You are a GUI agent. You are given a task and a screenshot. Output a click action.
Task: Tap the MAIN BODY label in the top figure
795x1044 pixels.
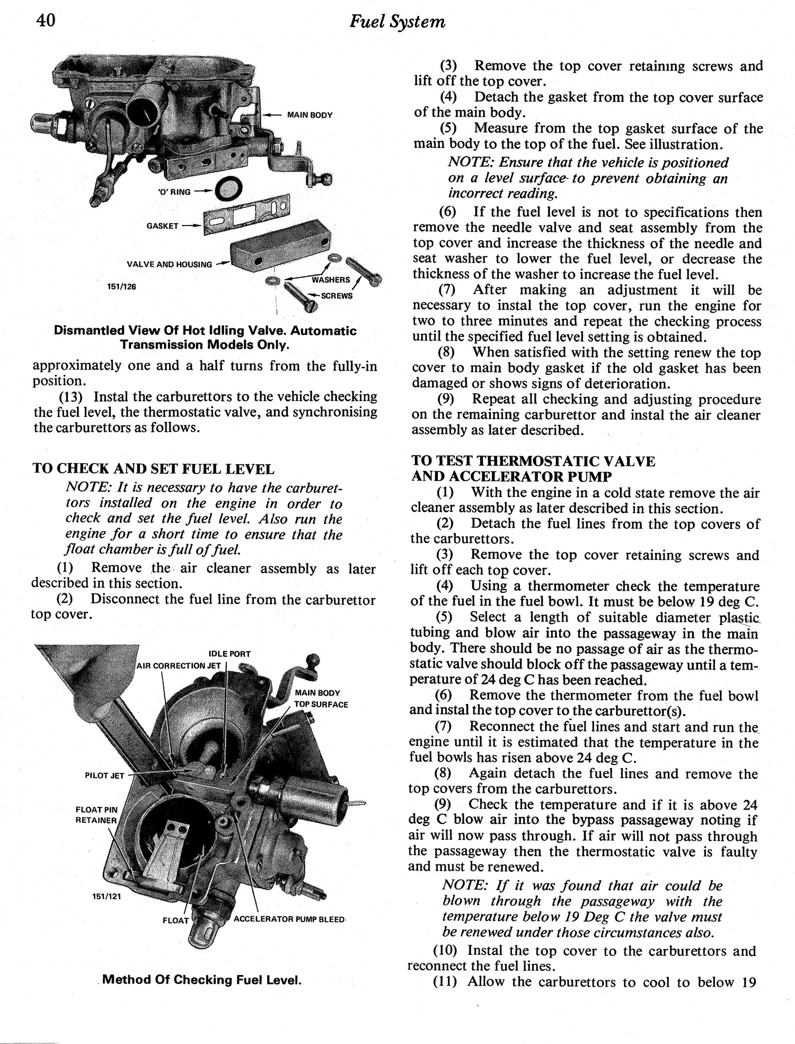pyautogui.click(x=310, y=115)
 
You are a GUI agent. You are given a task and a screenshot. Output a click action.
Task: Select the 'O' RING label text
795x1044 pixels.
pyautogui.click(x=174, y=192)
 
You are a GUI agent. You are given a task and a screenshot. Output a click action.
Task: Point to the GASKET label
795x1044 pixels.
pyautogui.click(x=162, y=226)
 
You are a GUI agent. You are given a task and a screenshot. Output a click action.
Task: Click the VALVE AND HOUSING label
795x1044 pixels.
pyautogui.click(x=169, y=264)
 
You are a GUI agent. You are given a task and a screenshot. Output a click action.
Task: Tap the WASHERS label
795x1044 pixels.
pyautogui.click(x=331, y=280)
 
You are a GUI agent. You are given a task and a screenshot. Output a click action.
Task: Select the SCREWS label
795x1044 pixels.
pyautogui.click(x=337, y=295)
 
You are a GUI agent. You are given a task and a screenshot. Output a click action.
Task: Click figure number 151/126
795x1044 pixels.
pyautogui.click(x=121, y=286)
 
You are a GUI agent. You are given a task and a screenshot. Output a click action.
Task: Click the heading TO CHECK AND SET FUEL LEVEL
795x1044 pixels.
pyautogui.click(x=154, y=468)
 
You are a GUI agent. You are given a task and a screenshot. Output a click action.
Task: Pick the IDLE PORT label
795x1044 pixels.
pyautogui.click(x=229, y=654)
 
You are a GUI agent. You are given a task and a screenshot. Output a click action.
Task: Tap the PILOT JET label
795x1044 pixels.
pyautogui.click(x=104, y=776)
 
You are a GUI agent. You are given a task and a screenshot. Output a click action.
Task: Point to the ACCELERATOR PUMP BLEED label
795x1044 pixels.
pyautogui.click(x=289, y=919)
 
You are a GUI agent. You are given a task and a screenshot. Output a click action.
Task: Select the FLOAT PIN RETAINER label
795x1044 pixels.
pyautogui.click(x=96, y=815)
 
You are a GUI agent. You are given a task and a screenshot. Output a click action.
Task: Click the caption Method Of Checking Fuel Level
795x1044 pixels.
pyautogui.click(x=202, y=979)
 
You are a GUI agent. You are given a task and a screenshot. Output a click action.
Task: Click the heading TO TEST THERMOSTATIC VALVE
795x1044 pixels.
pyautogui.click(x=533, y=461)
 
